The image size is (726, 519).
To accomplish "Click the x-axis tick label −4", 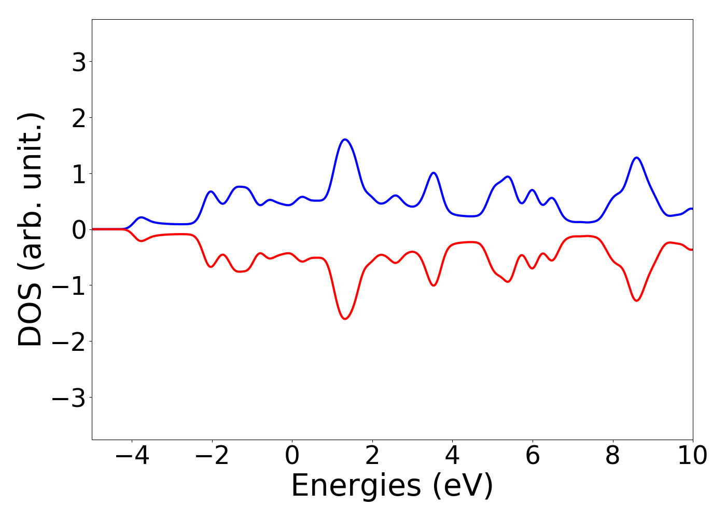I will [x=132, y=456].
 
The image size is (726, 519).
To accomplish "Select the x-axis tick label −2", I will [x=212, y=456].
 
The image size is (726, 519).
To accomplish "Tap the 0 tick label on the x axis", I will [x=292, y=456].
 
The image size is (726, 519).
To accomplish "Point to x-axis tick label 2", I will [x=372, y=456].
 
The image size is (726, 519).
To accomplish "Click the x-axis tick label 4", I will [x=452, y=456].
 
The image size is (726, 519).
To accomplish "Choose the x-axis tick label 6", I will [x=533, y=456].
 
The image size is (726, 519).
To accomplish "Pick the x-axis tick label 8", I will [x=613, y=456].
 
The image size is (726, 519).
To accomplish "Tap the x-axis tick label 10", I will [x=692, y=456].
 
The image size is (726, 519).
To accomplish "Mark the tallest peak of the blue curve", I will [x=345, y=139].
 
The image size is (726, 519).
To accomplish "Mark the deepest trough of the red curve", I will [x=345, y=319].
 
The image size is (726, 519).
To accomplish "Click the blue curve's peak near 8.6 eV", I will [x=637, y=157].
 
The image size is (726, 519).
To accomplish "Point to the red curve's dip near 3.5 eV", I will [x=434, y=285].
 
